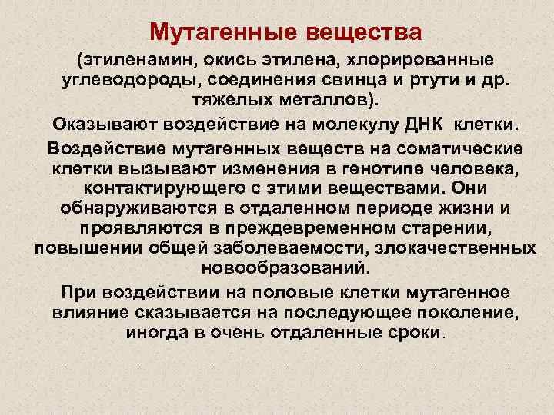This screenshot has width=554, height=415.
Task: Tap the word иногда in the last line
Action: coord(154,334)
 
